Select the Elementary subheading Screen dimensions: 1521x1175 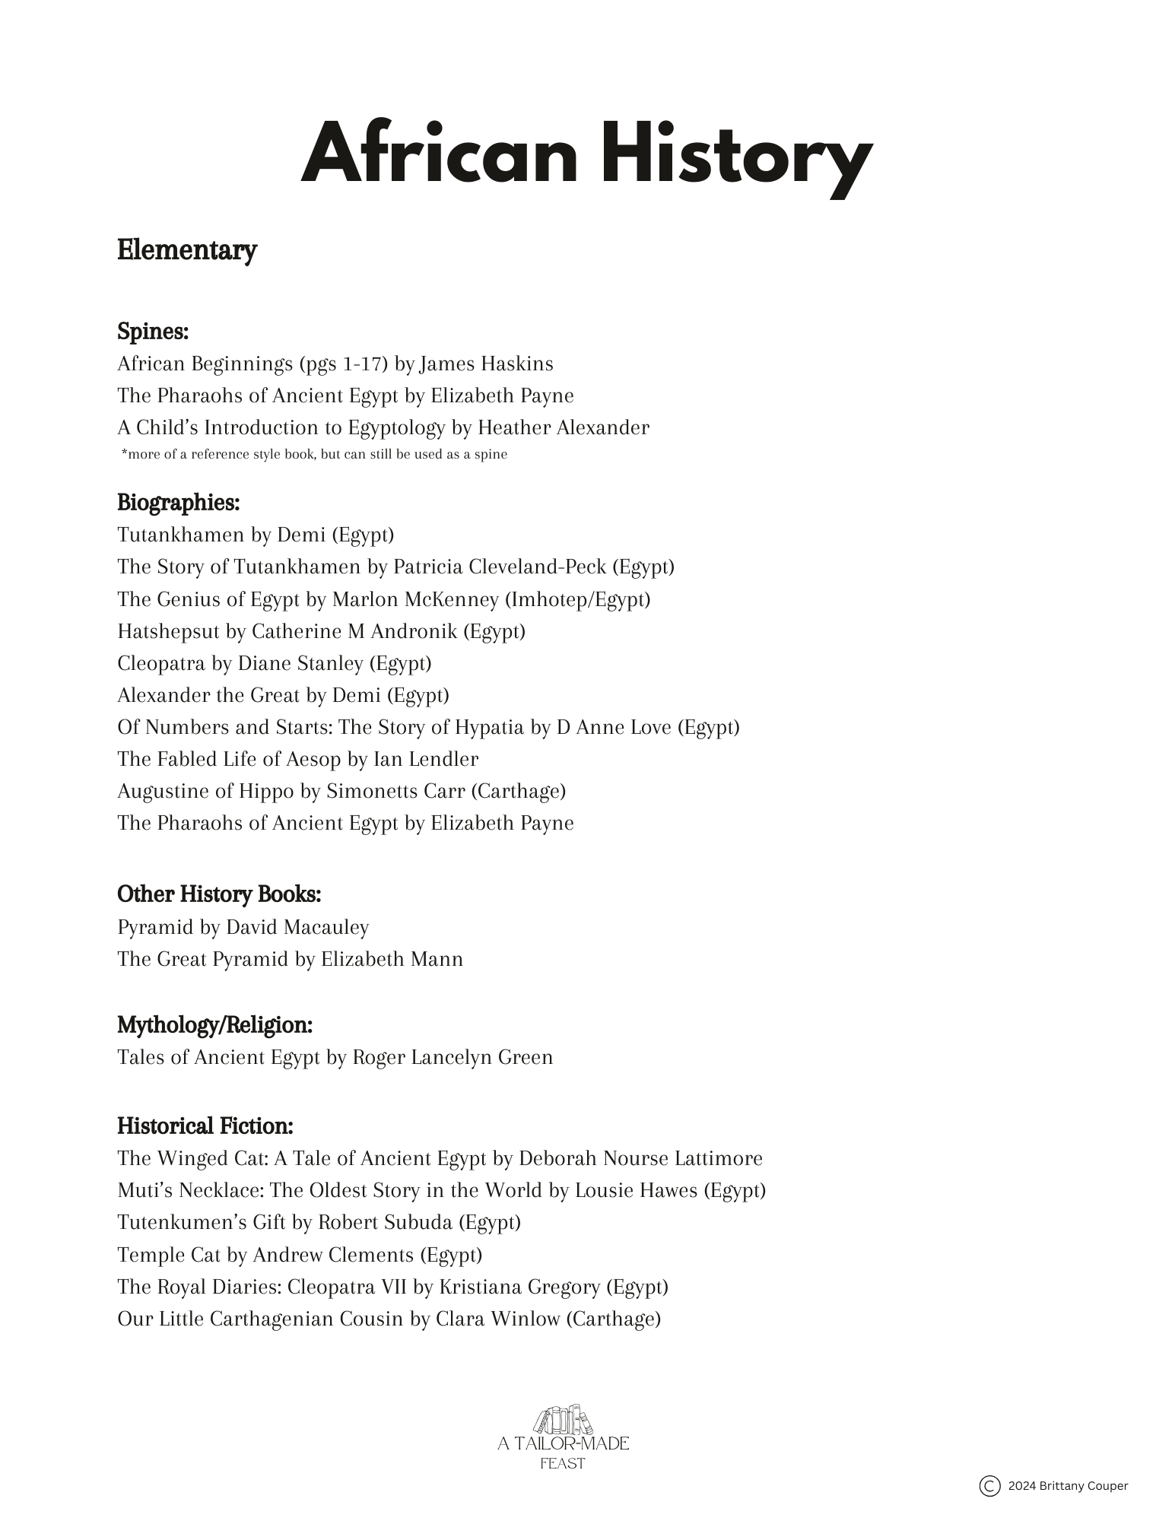tap(187, 250)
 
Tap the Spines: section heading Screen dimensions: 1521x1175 tap(153, 332)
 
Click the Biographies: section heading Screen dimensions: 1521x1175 tap(179, 503)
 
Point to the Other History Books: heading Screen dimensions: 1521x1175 tap(219, 894)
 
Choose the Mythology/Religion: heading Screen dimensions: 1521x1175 tap(215, 1025)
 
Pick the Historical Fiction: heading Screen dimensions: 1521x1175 tap(205, 1126)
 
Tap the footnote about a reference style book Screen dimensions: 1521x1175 tap(314, 455)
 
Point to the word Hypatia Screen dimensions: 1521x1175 tap(489, 728)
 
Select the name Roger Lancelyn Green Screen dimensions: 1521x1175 tap(453, 1058)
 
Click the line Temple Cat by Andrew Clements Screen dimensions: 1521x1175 tap(300, 1255)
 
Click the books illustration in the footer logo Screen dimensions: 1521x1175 tap(563, 1420)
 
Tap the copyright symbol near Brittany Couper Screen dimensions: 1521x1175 tap(989, 1485)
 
